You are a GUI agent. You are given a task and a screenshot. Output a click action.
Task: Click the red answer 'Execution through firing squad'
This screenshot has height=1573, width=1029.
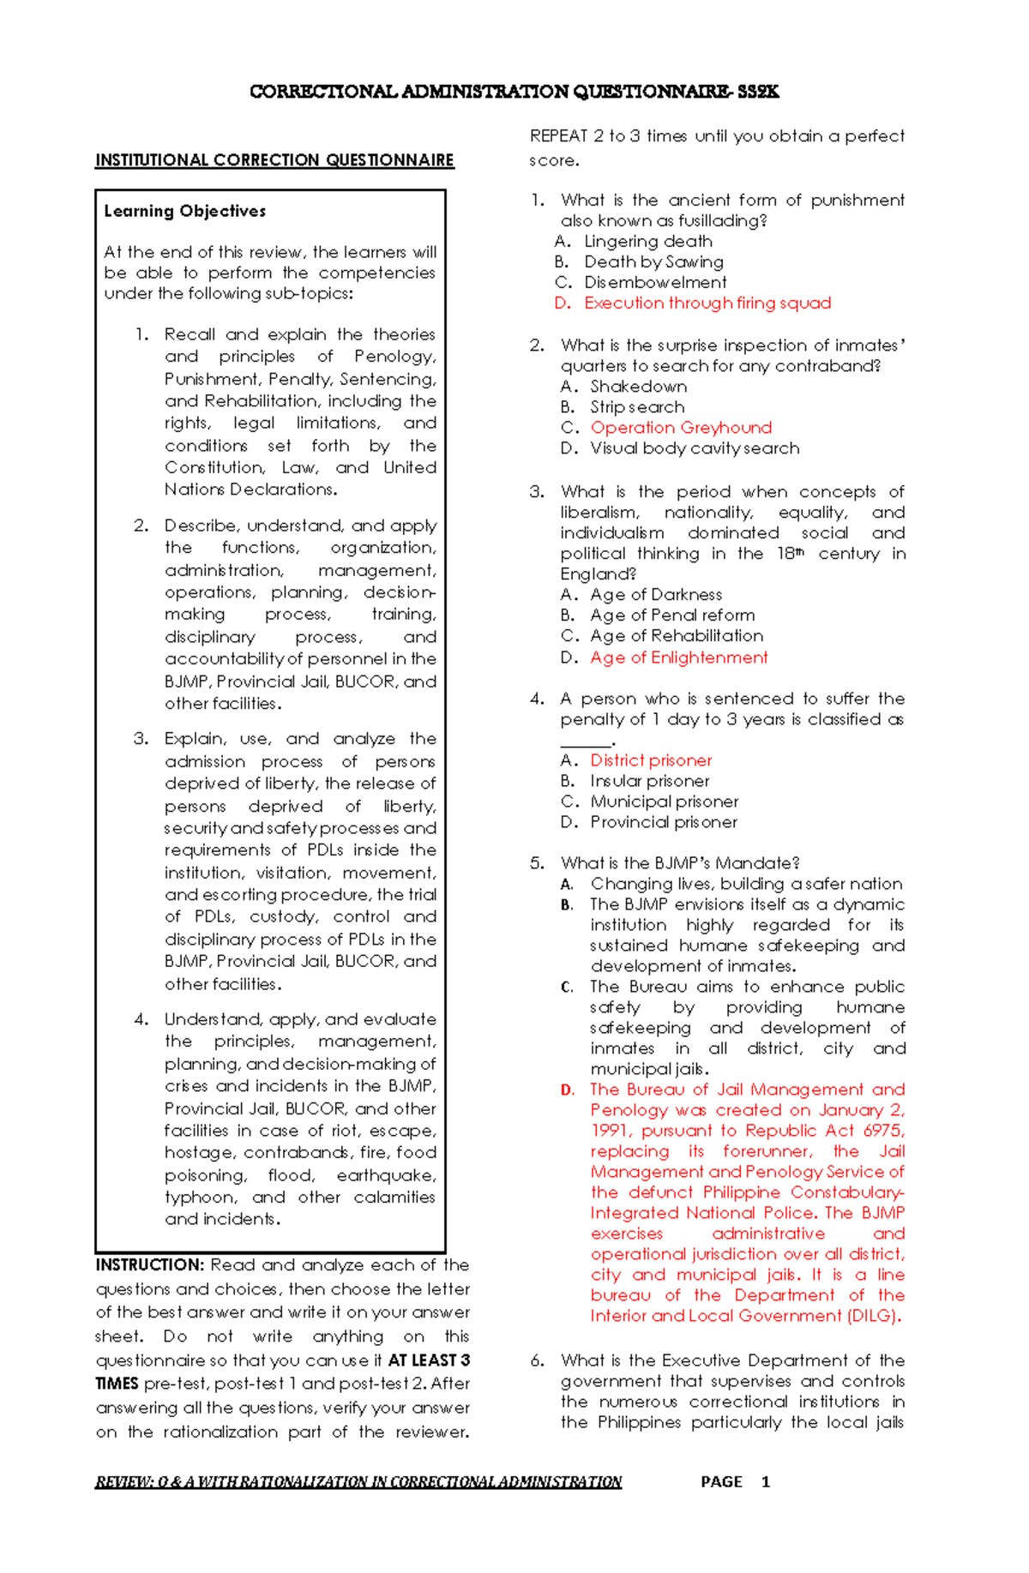point(707,303)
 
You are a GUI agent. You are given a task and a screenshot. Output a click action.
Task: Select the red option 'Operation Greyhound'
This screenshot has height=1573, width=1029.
point(681,428)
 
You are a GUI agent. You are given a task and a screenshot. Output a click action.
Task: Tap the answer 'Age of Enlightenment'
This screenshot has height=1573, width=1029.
point(678,657)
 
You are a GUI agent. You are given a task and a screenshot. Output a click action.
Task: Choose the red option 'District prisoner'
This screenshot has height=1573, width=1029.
point(651,760)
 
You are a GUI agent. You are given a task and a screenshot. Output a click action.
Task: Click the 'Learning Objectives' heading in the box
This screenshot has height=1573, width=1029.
point(184,211)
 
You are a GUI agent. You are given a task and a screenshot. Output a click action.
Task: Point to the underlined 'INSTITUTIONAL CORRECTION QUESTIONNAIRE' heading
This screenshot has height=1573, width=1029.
point(274,160)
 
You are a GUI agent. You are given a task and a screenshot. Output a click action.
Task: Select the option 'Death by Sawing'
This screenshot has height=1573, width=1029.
point(653,262)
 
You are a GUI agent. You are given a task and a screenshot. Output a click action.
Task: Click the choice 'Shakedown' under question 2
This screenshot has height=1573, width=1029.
point(638,387)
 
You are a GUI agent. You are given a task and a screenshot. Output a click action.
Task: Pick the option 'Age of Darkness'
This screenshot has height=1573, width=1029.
point(656,595)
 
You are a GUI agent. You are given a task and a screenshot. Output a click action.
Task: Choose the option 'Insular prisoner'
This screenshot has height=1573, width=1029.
point(649,781)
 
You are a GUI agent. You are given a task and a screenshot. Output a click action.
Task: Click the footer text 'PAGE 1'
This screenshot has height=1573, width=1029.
point(735,1481)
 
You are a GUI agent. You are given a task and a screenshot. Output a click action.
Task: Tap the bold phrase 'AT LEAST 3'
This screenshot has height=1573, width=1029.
point(429,1360)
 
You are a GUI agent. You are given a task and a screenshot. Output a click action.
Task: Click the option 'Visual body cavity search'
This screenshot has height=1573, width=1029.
point(695,448)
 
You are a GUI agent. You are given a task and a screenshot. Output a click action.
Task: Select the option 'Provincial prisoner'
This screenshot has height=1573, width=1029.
point(663,822)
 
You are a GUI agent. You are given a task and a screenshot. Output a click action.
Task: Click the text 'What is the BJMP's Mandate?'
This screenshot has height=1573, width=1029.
point(680,863)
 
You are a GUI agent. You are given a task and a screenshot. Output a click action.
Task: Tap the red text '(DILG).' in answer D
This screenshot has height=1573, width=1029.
point(874,1316)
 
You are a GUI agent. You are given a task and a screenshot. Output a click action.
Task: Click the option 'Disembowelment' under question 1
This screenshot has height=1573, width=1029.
point(655,283)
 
